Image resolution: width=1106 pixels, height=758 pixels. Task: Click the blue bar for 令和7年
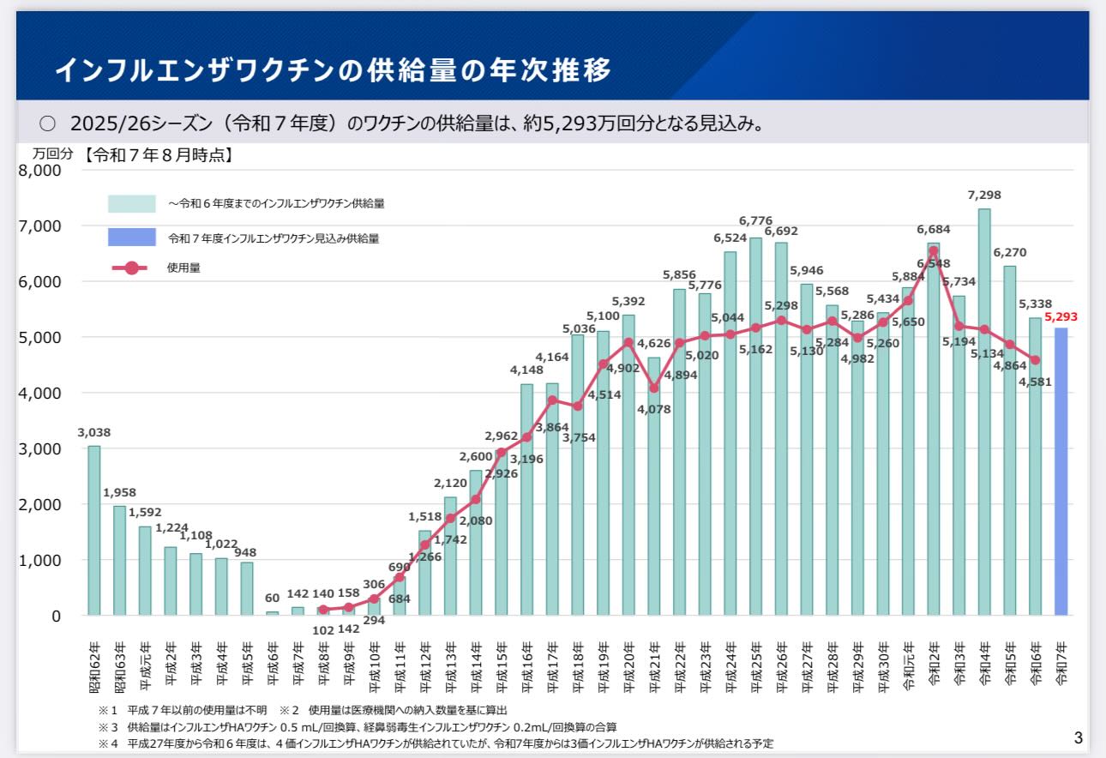(1061, 472)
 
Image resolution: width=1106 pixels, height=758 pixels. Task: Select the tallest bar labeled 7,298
(984, 412)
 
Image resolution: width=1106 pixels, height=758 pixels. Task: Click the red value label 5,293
(1061, 316)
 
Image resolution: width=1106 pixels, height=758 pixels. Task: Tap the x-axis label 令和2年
(935, 665)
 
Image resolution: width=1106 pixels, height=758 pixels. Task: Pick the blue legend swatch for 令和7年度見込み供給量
(131, 237)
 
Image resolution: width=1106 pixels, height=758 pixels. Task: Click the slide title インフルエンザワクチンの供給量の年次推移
(334, 69)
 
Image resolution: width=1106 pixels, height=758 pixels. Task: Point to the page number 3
(1078, 737)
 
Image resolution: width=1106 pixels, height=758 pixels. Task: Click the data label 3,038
(94, 432)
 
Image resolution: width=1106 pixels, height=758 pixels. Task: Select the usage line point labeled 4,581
(1035, 360)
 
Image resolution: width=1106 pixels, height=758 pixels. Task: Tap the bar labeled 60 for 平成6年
(273, 612)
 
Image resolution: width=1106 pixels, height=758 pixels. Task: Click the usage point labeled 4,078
(654, 388)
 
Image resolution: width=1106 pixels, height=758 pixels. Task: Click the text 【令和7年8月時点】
(159, 155)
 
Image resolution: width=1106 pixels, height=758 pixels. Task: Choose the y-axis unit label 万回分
(53, 155)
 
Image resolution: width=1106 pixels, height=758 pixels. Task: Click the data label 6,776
(755, 220)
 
